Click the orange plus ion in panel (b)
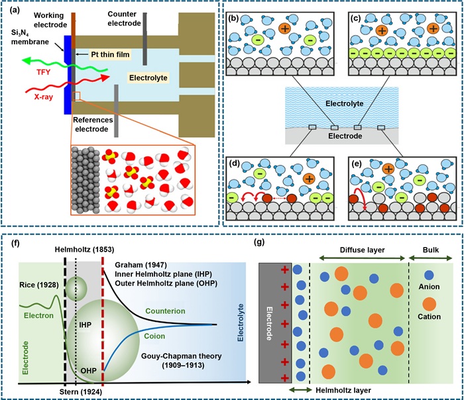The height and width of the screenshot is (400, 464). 284,28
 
